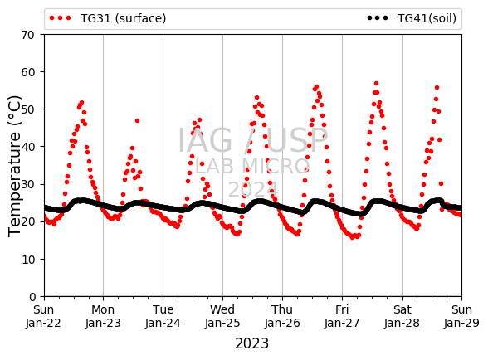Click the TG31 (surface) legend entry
pos(108,18)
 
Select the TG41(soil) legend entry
pos(412,18)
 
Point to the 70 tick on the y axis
pos(27,35)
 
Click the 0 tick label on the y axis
pos(32,297)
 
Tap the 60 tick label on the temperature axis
pos(27,72)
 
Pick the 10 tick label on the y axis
pos(27,260)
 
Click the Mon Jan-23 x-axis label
pos(103,316)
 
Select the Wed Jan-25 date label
pos(222,316)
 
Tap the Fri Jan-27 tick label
pos(342,316)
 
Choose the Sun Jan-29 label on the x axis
pos(461,316)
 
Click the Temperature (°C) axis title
pos(14,166)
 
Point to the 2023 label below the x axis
pos(251,343)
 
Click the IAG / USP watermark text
pos(252,140)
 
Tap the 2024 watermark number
pos(253,189)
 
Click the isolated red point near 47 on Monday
pos(137,121)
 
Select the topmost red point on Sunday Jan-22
pos(81,102)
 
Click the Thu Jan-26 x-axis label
pos(282,316)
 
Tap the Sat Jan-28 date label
pos(402,316)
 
